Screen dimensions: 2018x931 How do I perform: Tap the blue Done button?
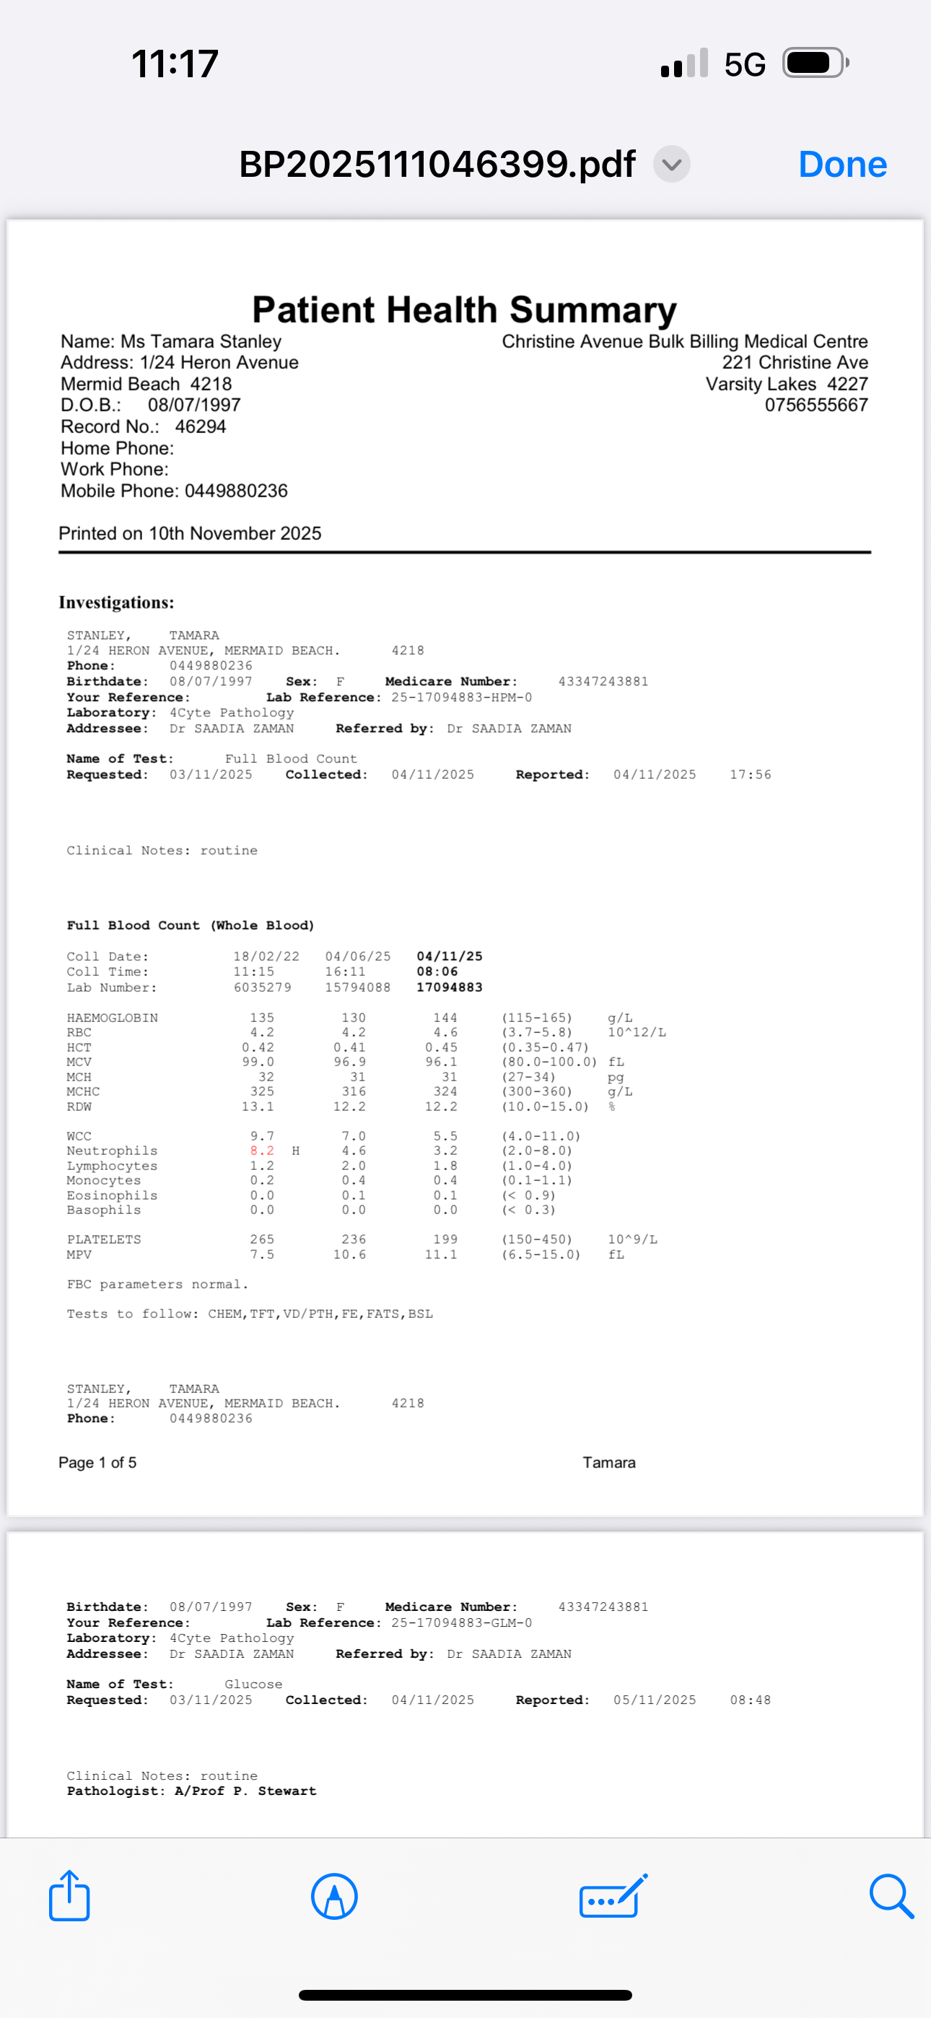(x=842, y=165)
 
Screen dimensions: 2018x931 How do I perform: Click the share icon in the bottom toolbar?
(x=70, y=1896)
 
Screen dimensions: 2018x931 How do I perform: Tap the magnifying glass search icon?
(x=891, y=1896)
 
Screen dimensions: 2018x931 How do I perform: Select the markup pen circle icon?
(x=335, y=1897)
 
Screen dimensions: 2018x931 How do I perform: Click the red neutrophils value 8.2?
(x=262, y=1150)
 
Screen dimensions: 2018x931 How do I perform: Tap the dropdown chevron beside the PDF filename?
(x=672, y=165)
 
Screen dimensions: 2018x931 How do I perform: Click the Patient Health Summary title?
(x=464, y=310)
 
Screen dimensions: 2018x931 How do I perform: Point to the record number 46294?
(x=201, y=427)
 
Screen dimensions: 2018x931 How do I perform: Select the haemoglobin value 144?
(x=445, y=1018)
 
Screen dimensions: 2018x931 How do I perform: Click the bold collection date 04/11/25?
(x=449, y=956)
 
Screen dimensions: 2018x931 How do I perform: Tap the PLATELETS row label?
(x=103, y=1239)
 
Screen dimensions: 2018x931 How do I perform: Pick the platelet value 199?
(x=445, y=1239)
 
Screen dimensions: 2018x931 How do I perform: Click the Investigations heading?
(x=116, y=603)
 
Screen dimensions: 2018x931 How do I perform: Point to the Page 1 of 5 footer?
(x=97, y=1462)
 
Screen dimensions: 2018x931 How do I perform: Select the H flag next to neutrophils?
(x=295, y=1150)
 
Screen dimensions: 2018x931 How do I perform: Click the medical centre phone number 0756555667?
(x=816, y=405)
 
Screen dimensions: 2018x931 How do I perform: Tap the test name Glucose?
(x=253, y=1685)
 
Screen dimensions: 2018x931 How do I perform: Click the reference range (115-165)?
(x=537, y=1018)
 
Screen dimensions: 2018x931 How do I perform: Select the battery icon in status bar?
(x=815, y=63)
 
